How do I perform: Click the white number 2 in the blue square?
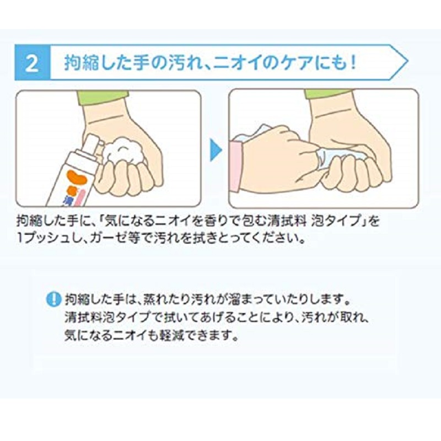[32, 63]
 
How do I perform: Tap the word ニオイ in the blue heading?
[239, 62]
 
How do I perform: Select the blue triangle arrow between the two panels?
[216, 149]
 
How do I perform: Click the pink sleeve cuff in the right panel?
[236, 167]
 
